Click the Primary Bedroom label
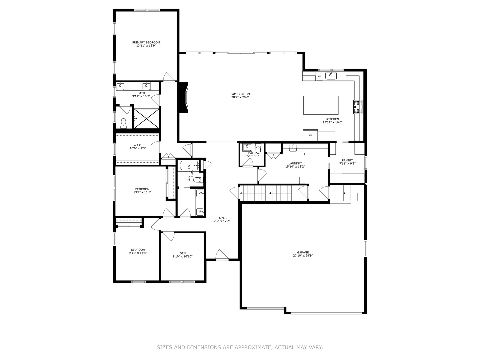[146, 42]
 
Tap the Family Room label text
[240, 94]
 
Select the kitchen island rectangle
[321, 105]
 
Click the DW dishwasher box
[320, 76]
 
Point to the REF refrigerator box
[310, 135]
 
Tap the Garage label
[303, 252]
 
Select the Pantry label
[347, 160]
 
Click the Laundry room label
[295, 163]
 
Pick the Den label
[182, 253]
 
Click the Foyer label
[222, 218]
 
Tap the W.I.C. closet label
[138, 145]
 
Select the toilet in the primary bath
[124, 123]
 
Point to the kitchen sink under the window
[331, 76]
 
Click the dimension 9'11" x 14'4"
[138, 253]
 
